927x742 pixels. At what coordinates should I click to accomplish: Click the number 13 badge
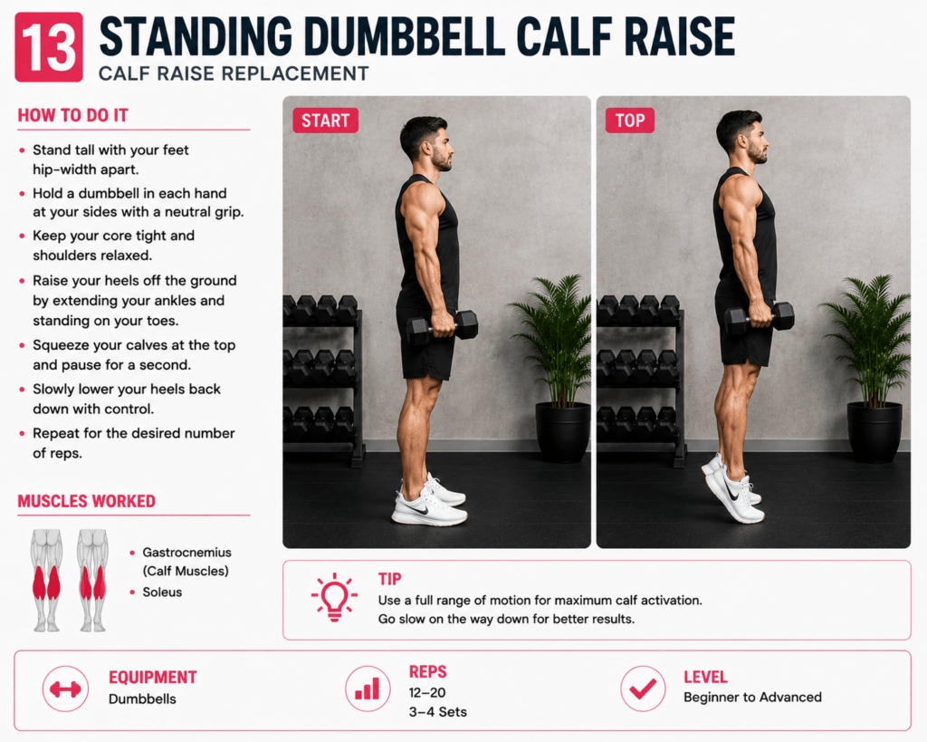coord(49,47)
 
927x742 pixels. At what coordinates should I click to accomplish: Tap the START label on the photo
coord(326,120)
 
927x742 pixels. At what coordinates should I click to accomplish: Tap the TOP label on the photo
coord(630,120)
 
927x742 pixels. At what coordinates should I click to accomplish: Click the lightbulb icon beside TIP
coord(334,596)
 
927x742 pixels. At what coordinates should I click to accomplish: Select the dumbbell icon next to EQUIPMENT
coord(65,689)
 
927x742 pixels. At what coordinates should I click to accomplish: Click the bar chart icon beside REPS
coord(368,689)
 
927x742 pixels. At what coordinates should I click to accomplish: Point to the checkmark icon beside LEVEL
coord(643,689)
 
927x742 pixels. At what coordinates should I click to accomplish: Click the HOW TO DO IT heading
coord(72,115)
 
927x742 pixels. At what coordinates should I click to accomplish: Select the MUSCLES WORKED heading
coord(86,501)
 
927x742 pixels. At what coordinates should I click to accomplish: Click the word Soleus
coord(162,593)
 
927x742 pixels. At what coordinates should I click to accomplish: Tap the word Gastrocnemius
coord(186,552)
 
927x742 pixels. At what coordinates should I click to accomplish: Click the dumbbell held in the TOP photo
coord(760,318)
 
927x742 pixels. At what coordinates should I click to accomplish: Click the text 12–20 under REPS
coord(427,692)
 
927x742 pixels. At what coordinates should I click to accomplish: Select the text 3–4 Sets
coord(438,712)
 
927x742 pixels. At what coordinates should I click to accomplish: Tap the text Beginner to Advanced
coord(752,697)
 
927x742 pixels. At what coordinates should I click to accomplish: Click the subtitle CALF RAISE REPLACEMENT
coord(234,73)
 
